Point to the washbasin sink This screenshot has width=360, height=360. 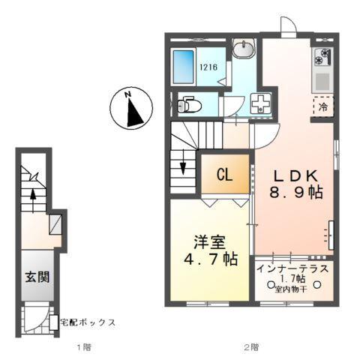(242, 50)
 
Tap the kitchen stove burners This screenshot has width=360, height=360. (322, 57)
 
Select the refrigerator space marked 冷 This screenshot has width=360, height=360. (323, 106)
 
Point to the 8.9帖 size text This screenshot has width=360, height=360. (296, 193)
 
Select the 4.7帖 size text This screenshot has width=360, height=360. (211, 260)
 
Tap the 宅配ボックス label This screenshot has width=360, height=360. (88, 322)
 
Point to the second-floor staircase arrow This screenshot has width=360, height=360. (181, 168)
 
